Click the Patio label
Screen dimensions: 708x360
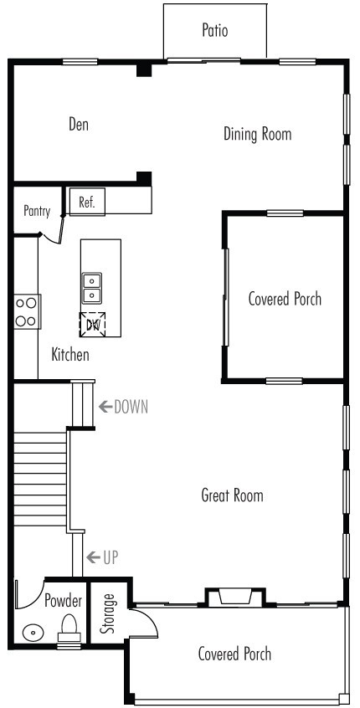point(215,31)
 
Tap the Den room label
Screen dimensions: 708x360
point(79,125)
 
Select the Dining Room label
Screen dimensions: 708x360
point(258,134)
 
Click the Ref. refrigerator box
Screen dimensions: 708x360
point(87,202)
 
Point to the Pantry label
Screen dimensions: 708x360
point(37,212)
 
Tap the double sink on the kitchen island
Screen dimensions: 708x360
point(92,288)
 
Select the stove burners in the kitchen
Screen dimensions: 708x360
point(27,311)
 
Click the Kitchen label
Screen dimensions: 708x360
point(70,355)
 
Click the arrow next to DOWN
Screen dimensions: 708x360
point(105,408)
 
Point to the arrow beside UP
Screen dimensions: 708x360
point(93,557)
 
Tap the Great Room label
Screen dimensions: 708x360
point(232,495)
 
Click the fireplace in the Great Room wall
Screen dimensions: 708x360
point(234,597)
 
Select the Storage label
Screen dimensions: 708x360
point(109,614)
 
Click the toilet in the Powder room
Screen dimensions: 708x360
point(69,627)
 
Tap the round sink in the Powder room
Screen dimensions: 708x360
point(33,633)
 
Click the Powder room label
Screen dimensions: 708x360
point(63,601)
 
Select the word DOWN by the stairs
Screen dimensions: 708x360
point(131,408)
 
